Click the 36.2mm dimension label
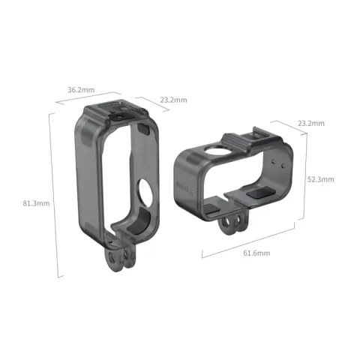(80, 90)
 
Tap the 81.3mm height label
(35, 203)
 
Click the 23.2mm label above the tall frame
(173, 100)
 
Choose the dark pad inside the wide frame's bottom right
(260, 193)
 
